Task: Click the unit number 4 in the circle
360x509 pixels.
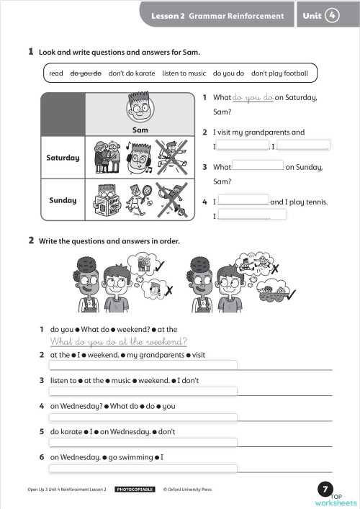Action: tap(332, 15)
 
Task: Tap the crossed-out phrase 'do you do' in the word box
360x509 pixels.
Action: tap(86, 73)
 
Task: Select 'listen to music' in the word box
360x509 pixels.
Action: tap(184, 73)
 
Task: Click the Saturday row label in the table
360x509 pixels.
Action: tap(63, 158)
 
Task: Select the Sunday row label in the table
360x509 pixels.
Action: tap(63, 200)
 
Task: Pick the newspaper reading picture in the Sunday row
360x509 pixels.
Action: tap(104, 199)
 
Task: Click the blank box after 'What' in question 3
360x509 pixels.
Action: tap(258, 166)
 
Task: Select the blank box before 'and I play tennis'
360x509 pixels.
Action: tap(243, 201)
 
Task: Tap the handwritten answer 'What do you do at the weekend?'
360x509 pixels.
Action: tap(119, 341)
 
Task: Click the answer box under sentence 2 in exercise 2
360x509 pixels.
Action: tap(143, 365)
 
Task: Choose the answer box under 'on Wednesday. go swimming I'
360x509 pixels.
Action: tap(143, 469)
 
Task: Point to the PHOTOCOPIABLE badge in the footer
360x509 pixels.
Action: tap(135, 490)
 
